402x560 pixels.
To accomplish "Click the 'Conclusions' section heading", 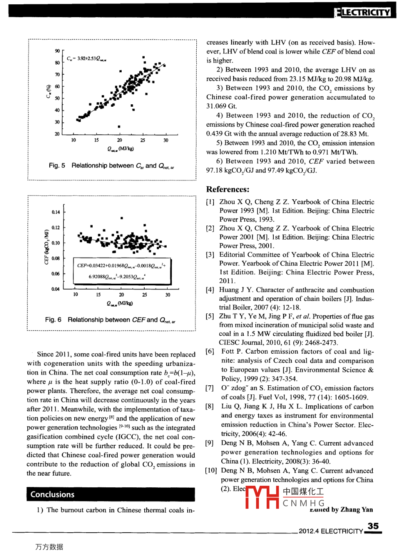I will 52,494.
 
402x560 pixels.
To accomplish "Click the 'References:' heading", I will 228,190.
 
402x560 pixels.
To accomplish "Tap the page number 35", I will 373,526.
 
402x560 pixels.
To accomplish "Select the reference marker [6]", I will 210,351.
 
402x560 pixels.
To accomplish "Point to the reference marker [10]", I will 211,471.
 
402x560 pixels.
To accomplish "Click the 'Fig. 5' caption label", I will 57,166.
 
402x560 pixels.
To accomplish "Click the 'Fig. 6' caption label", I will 53,320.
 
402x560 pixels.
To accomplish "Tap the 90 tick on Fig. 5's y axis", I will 57,51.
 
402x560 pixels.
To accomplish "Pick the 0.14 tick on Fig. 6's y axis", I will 56,212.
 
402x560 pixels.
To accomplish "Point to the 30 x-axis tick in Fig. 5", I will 166,140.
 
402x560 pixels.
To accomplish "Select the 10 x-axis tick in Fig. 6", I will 75,295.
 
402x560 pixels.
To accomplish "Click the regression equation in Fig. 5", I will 86,59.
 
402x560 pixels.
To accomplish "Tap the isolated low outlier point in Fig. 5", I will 119,127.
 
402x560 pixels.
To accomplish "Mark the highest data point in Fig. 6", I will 122,218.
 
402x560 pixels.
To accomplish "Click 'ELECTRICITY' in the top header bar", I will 366,12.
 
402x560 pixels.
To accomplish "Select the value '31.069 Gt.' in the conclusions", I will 222,106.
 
